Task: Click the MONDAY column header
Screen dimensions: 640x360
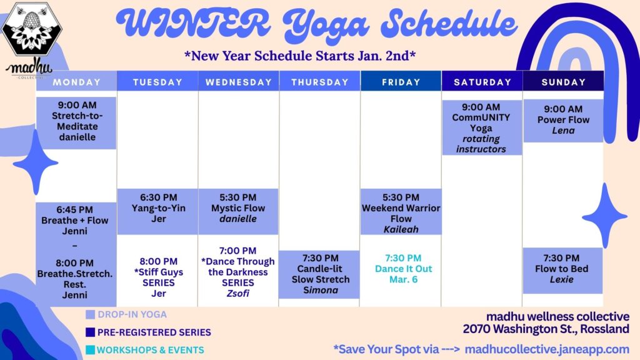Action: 76,81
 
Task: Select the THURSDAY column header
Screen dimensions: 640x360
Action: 319,81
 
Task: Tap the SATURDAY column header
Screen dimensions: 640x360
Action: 482,81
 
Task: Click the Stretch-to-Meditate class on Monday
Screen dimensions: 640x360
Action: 76,122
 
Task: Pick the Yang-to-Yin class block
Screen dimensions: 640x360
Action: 158,211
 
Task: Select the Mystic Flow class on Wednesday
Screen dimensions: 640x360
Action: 238,211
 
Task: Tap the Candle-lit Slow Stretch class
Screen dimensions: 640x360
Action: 319,274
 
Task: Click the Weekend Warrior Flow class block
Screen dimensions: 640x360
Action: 401,211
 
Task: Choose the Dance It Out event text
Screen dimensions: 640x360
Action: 403,269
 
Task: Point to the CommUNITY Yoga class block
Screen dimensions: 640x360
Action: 482,127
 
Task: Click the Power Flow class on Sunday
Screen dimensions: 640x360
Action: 563,121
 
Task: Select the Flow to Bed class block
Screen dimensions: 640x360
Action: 562,270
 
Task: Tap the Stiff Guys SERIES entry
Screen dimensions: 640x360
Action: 158,277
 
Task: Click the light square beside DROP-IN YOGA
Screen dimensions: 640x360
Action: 90,314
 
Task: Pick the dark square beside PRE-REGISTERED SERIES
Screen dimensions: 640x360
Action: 90,332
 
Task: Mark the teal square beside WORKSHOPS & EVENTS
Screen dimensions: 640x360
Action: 90,350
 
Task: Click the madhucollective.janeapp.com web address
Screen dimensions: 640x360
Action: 547,349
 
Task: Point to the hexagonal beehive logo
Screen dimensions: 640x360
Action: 32,29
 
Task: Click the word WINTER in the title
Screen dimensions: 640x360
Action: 192,22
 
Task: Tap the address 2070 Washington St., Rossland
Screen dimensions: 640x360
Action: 546,329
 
